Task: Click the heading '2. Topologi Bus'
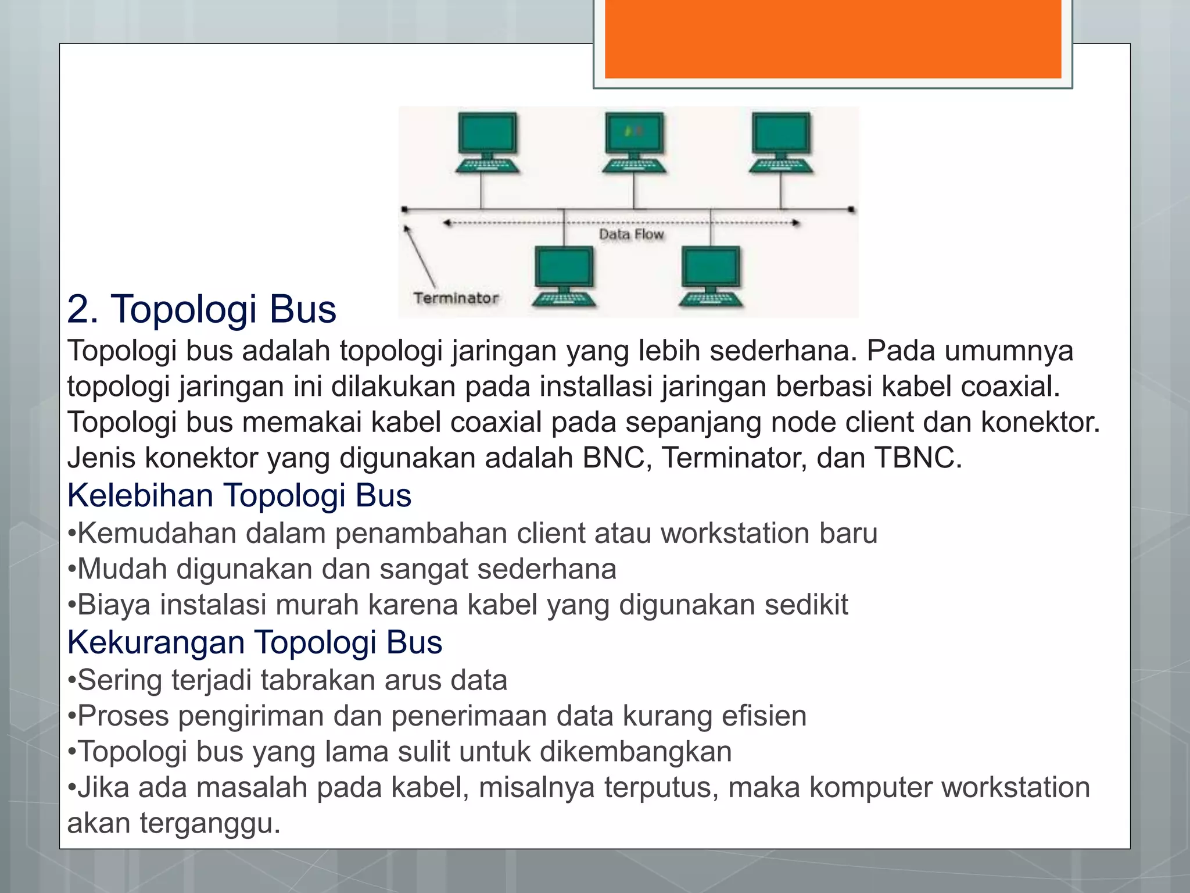pyautogui.click(x=202, y=309)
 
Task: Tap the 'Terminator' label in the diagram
pyautogui.click(x=456, y=298)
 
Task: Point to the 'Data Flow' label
pyautogui.click(x=631, y=234)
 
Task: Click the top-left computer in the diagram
pyautogui.click(x=487, y=142)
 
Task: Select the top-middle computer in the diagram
pyautogui.click(x=633, y=142)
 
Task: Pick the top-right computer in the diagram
pyautogui.click(x=780, y=142)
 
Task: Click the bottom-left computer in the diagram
pyautogui.click(x=564, y=276)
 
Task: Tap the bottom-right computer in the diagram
pyautogui.click(x=711, y=276)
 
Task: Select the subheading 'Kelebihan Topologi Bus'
pyautogui.click(x=239, y=495)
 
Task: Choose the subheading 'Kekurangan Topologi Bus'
pyautogui.click(x=255, y=642)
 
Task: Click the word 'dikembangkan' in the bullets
pyautogui.click(x=636, y=752)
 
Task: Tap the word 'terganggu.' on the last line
pyautogui.click(x=210, y=823)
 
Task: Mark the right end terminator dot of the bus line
pyautogui.click(x=851, y=209)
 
